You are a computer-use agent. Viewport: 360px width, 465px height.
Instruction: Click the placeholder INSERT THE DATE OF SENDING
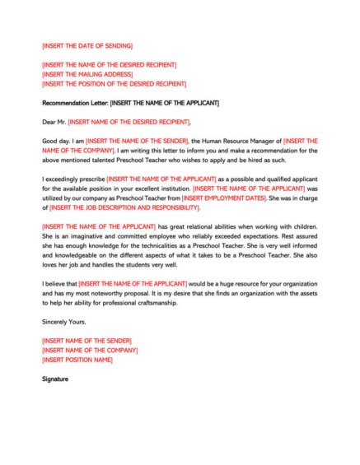(87, 45)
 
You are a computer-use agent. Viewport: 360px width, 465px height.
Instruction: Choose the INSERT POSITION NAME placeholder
(77, 360)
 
